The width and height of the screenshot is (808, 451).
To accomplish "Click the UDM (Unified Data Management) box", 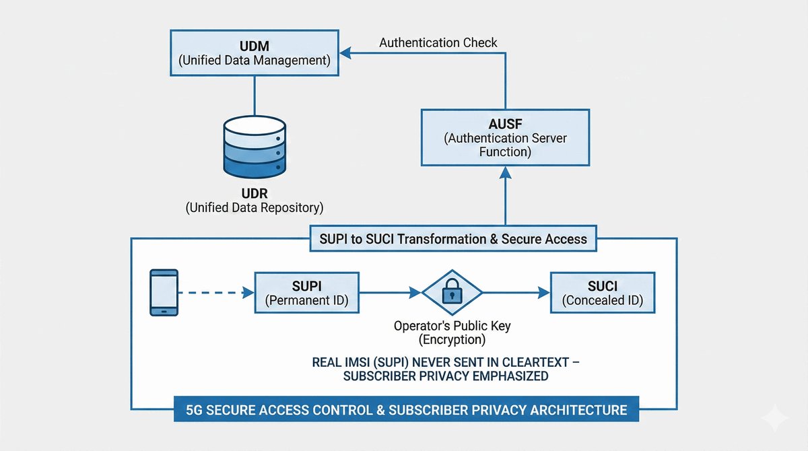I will pos(254,54).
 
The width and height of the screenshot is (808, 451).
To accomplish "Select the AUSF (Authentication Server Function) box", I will pos(505,138).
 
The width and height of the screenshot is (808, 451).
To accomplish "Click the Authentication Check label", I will pos(438,43).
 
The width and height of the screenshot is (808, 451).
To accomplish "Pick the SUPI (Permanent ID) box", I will pos(306,293).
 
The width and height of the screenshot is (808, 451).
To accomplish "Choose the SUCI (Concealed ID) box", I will pos(602,293).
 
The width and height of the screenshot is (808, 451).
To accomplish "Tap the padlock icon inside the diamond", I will pos(452,292).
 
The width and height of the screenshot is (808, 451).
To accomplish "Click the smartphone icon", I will pos(164,293).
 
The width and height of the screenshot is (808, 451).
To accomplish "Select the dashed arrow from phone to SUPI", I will pos(215,293).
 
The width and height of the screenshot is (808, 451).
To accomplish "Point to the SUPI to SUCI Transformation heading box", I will pos(452,238).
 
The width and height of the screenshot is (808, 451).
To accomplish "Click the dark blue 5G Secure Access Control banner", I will pos(406,409).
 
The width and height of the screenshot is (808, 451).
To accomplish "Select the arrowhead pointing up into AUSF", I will pos(505,173).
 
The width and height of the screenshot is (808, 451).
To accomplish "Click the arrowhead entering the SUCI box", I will pos(544,293).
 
